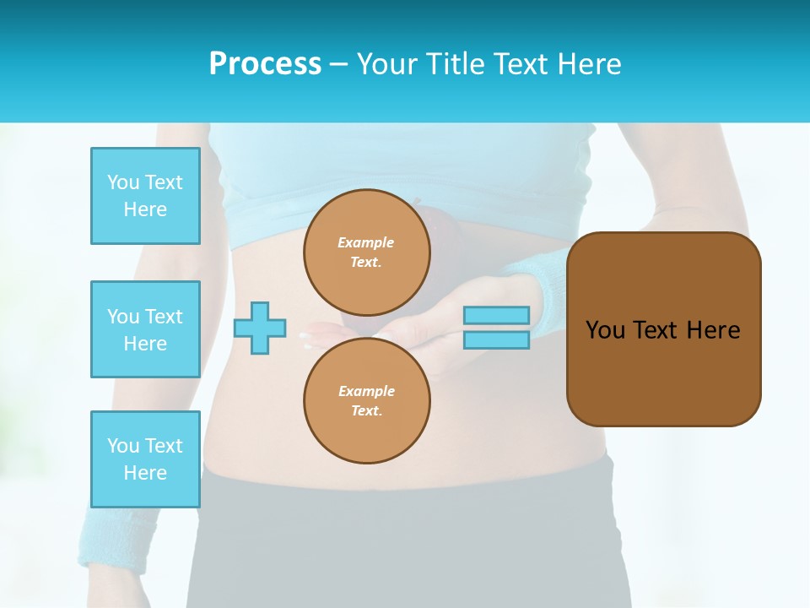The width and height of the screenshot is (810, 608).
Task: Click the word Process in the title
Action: point(265,63)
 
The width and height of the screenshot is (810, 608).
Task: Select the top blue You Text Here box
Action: point(145,196)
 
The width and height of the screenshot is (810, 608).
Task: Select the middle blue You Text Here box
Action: point(145,329)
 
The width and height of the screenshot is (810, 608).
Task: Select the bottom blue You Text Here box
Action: point(145,459)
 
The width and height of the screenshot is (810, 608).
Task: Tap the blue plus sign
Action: point(259,327)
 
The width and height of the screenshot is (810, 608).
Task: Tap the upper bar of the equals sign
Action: point(496,315)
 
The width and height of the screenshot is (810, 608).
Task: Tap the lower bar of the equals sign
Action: point(496,339)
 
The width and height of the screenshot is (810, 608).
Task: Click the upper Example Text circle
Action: point(366,252)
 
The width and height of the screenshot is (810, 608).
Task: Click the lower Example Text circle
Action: point(366,400)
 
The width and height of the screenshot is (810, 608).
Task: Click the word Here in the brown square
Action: point(713,330)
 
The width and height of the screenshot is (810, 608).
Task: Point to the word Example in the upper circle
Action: point(365,242)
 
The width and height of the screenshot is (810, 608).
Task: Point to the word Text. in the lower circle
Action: point(366,411)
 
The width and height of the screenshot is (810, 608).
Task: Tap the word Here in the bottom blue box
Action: point(145,473)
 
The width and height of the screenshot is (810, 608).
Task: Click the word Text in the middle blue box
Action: point(164,317)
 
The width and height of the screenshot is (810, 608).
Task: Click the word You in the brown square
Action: point(604,330)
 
